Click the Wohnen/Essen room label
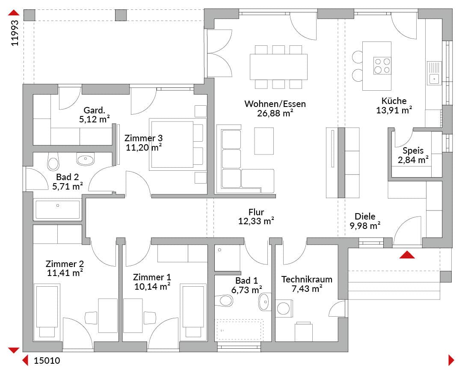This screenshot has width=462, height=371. click(x=275, y=104)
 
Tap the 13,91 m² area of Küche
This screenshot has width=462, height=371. click(x=394, y=110)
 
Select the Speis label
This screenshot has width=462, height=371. click(x=413, y=151)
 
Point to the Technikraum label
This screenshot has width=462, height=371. click(x=307, y=279)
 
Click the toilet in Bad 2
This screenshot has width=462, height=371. click(x=53, y=162)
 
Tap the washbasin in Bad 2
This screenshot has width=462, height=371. click(x=86, y=159)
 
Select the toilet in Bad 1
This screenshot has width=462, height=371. click(x=224, y=300)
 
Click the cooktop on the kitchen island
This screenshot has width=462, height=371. click(x=382, y=65)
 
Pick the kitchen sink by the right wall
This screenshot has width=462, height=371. click(x=434, y=73)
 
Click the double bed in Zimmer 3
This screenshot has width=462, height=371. click(x=176, y=144)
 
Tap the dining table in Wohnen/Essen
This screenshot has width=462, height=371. click(x=278, y=67)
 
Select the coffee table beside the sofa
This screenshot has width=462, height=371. click(x=264, y=141)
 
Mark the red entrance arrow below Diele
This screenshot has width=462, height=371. click(x=407, y=255)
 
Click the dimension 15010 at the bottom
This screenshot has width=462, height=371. click(x=47, y=360)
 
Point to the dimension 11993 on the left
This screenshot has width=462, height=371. click(x=15, y=33)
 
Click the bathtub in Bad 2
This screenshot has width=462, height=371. click(x=57, y=210)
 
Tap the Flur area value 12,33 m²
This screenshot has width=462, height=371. click(x=256, y=221)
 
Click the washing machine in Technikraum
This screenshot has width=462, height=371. click(x=284, y=308)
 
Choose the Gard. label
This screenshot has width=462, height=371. click(x=94, y=110)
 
